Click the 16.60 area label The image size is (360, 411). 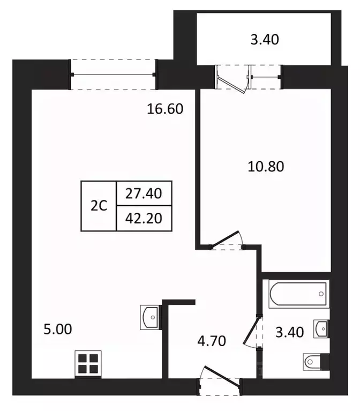(x=166, y=109)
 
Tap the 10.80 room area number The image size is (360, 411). (x=265, y=166)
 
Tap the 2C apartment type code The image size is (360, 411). (x=98, y=206)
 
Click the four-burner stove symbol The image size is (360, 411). (x=87, y=364)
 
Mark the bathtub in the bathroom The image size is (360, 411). (x=298, y=294)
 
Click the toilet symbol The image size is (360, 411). (x=316, y=363)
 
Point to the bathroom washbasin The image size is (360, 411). (x=321, y=327)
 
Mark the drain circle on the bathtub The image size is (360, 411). (x=321, y=294)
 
